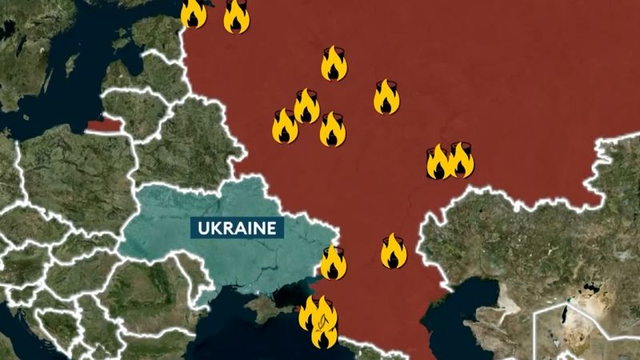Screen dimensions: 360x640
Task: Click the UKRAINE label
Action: pyautogui.click(x=236, y=227)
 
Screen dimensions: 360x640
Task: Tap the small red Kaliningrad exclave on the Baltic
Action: pyautogui.click(x=103, y=124)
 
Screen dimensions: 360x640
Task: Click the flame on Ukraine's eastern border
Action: pyautogui.click(x=334, y=262)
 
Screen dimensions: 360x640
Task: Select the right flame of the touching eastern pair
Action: pyautogui.click(x=461, y=159)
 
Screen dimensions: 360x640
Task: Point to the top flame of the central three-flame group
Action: pyautogui.click(x=306, y=106)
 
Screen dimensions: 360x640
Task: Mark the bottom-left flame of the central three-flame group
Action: pyautogui.click(x=285, y=126)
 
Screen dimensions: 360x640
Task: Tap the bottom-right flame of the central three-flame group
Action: pyautogui.click(x=333, y=130)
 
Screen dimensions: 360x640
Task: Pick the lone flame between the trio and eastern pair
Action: pyautogui.click(x=386, y=97)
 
